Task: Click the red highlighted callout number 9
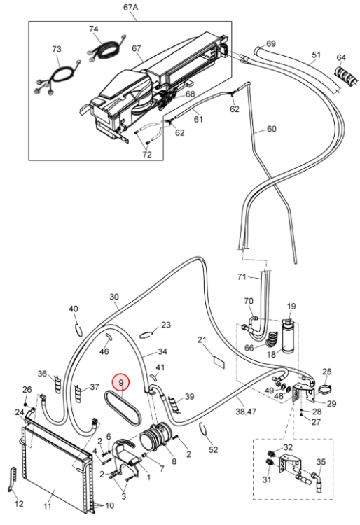pyautogui.click(x=120, y=382)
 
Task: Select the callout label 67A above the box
pyautogui.click(x=130, y=8)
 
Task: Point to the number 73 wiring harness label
pyautogui.click(x=57, y=49)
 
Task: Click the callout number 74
pyautogui.click(x=94, y=29)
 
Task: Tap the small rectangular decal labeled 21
pyautogui.click(x=219, y=363)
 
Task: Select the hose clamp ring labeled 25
pyautogui.click(x=324, y=390)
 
